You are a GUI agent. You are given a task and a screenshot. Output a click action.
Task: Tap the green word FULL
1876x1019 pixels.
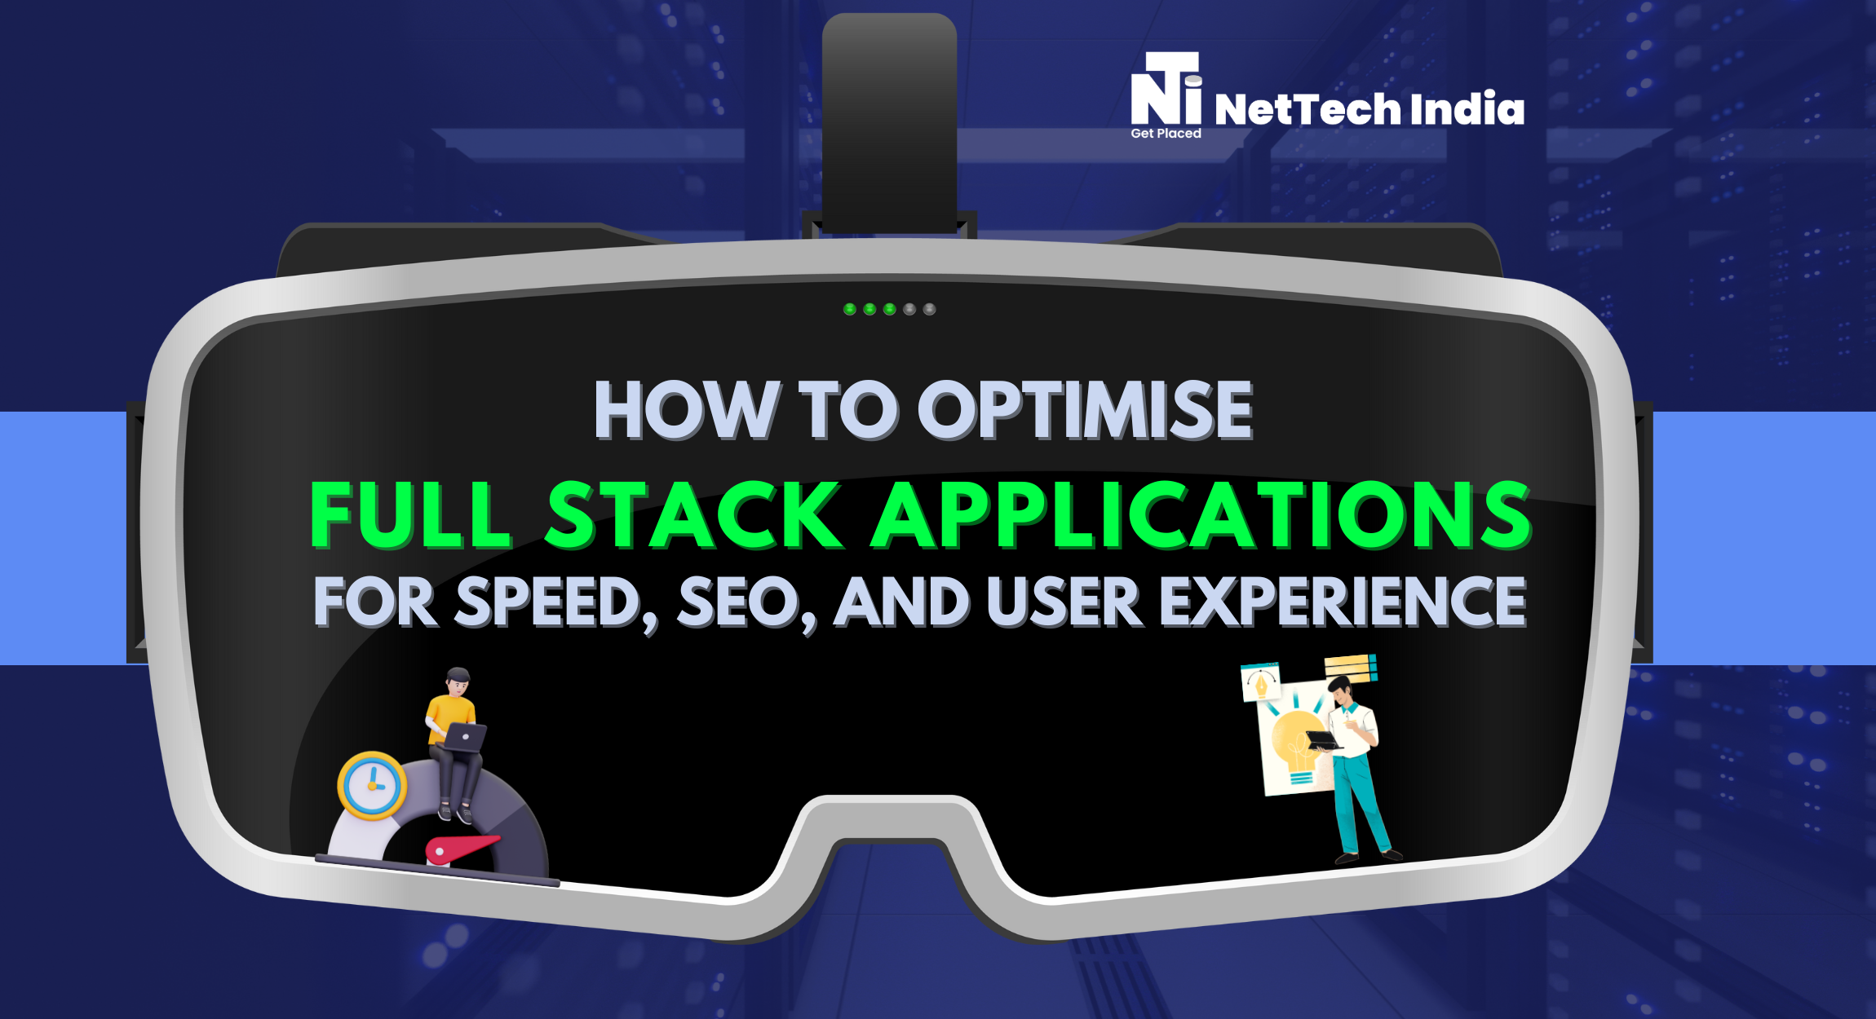pyautogui.click(x=411, y=515)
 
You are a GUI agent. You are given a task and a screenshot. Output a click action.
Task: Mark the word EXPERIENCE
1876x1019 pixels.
pyautogui.click(x=1342, y=603)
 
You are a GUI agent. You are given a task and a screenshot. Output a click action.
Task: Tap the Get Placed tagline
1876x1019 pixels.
pyautogui.click(x=1166, y=134)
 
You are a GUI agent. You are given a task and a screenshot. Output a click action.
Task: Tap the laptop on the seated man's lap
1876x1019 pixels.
pyautogui.click(x=466, y=737)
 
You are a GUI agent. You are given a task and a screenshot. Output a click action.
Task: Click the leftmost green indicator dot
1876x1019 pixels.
pyautogui.click(x=849, y=309)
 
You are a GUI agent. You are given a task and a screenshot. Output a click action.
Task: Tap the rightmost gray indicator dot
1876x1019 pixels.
pyautogui.click(x=929, y=309)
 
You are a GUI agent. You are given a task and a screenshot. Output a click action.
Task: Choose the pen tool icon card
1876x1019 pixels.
pyautogui.click(x=1261, y=682)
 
